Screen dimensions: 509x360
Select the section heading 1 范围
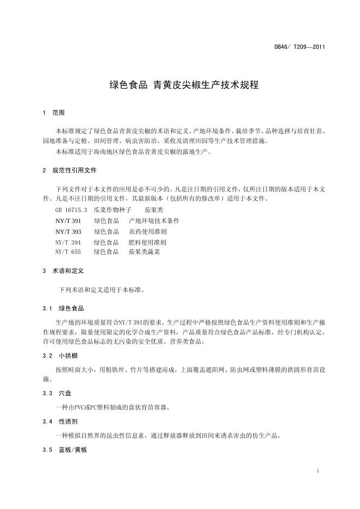[53, 113]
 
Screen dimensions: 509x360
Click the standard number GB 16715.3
[71, 210]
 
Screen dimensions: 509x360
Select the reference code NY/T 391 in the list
[68, 221]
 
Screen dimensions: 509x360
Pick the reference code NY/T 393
[68, 231]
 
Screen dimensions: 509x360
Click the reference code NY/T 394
[68, 242]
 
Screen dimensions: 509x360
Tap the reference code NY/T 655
[68, 252]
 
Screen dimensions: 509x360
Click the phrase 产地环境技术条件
[154, 221]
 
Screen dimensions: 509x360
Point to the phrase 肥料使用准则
[147, 242]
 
